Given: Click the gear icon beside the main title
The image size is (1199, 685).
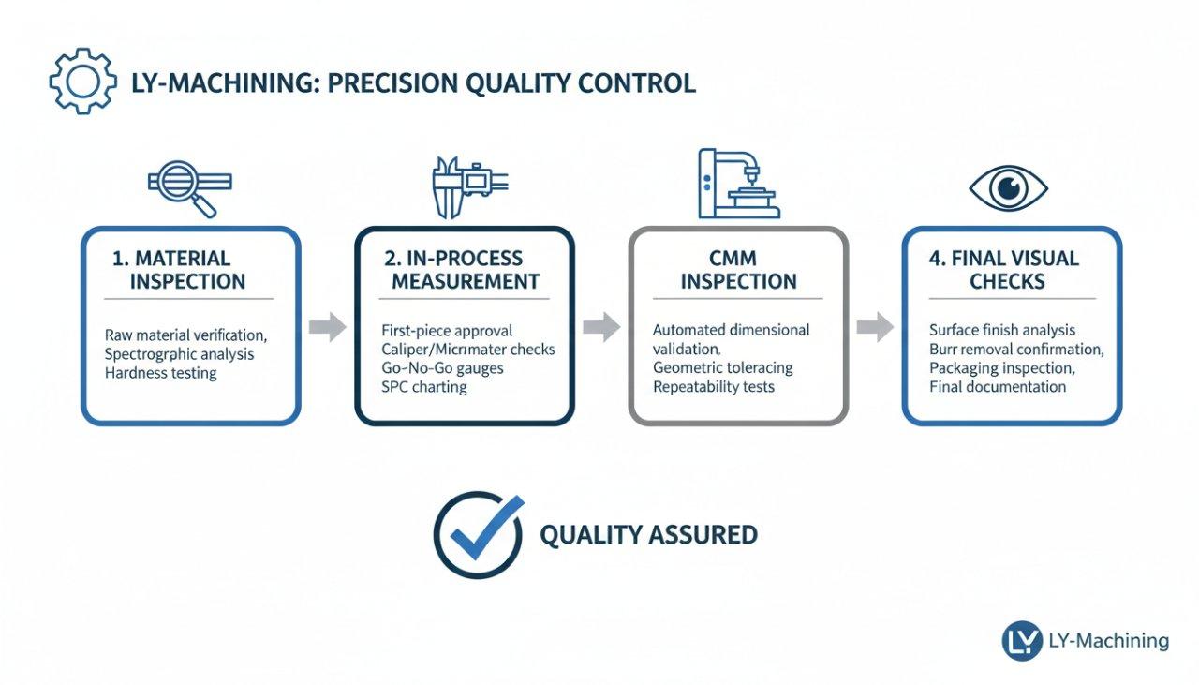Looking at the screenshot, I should click(82, 82).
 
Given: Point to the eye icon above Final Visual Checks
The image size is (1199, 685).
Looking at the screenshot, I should click(1008, 188).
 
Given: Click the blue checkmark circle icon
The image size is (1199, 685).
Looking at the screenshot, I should click(479, 535).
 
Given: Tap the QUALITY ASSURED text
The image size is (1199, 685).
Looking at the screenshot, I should click(648, 535).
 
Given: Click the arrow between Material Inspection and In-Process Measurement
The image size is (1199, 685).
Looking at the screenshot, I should click(327, 327).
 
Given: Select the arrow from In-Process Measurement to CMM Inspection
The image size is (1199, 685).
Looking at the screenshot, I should click(600, 327).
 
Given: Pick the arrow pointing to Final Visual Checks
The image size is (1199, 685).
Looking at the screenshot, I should click(874, 327).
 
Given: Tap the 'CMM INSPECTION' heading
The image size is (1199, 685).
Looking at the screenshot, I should click(738, 270).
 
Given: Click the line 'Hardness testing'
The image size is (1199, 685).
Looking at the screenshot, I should click(161, 373).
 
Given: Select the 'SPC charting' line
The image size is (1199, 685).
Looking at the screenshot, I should click(424, 386).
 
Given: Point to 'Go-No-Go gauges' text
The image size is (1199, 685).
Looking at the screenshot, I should click(443, 367).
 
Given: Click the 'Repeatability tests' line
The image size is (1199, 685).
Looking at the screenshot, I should click(714, 386).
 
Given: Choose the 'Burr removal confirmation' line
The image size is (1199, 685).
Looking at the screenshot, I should click(1016, 349).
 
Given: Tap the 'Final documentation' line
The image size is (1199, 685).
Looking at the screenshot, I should click(998, 386).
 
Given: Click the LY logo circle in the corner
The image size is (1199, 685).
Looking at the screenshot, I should click(1022, 641).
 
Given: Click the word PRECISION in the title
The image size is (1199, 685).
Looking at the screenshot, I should click(393, 82).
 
